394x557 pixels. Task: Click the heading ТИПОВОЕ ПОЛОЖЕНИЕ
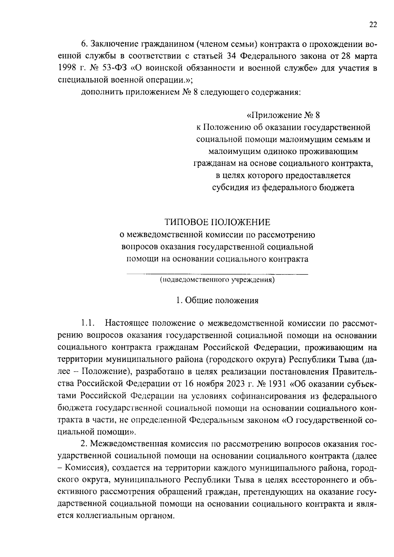coord(217,222)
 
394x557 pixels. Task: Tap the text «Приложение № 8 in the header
coord(283,115)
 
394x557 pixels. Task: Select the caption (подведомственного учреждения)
coord(217,280)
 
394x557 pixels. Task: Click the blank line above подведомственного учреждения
coord(217,273)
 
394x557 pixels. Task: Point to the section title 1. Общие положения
coord(217,300)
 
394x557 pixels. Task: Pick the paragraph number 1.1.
coord(88,323)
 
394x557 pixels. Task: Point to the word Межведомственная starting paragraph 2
coord(128,444)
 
